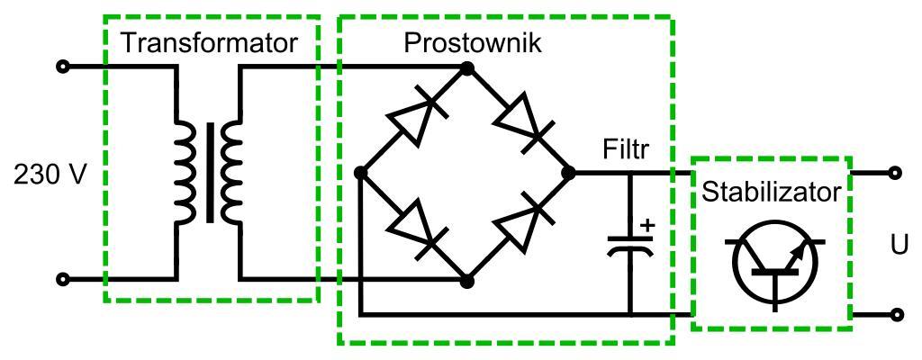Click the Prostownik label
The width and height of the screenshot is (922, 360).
(474, 42)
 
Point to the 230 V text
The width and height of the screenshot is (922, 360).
(50, 174)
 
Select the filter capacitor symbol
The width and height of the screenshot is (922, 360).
(630, 245)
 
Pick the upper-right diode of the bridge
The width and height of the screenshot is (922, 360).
(521, 120)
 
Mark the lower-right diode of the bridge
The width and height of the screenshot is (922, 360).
(521, 226)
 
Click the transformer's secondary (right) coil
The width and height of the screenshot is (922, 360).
(232, 173)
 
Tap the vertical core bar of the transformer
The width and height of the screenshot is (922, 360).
(210, 173)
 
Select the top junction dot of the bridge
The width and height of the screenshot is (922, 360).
(466, 67)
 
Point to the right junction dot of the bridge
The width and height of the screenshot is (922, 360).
(568, 172)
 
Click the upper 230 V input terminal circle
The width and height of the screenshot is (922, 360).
(63, 67)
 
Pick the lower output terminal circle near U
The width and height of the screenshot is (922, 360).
(896, 315)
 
